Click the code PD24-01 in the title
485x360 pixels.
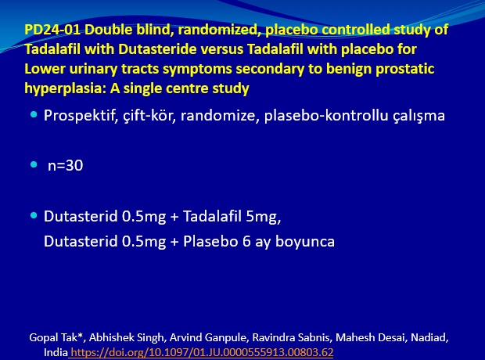click(x=52, y=30)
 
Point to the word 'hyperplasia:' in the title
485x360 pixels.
click(x=65, y=89)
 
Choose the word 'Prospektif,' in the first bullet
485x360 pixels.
click(x=81, y=116)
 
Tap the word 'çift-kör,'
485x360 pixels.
click(x=149, y=116)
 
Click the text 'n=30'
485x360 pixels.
click(x=65, y=166)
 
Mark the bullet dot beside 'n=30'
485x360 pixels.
click(x=34, y=164)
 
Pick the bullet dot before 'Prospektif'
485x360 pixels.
click(x=34, y=115)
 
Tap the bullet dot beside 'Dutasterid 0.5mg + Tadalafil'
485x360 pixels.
click(x=34, y=215)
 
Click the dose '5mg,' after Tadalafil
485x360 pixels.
click(x=264, y=217)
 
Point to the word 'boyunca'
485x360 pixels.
click(x=305, y=242)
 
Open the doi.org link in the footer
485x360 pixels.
click(x=202, y=352)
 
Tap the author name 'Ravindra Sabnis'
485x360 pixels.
click(x=291, y=337)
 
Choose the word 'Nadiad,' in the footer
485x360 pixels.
click(x=429, y=338)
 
